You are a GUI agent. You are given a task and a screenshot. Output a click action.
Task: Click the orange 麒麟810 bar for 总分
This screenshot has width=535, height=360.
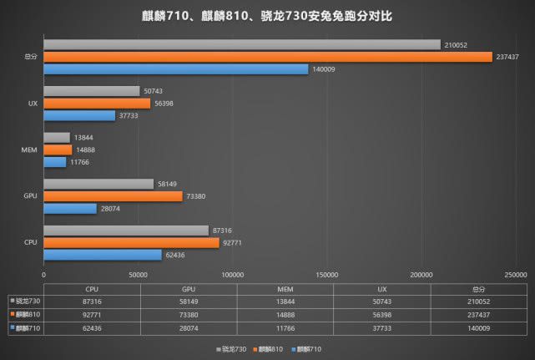tap(267, 57)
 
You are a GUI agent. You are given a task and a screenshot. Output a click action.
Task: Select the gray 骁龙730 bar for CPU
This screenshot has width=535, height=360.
tap(126, 231)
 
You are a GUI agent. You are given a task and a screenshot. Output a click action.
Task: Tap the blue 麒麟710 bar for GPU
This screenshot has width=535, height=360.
tap(70, 209)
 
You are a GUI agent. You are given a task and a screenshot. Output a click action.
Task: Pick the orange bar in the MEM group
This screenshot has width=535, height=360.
tap(58, 150)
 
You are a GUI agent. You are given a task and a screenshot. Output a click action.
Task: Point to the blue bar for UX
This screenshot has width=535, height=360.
tap(79, 116)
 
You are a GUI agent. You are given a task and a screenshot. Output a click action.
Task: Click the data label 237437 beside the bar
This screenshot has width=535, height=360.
tap(507, 57)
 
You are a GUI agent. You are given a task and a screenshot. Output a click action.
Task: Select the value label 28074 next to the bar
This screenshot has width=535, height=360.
tap(112, 209)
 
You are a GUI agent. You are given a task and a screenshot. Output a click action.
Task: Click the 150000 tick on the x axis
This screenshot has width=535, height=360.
tap(327, 274)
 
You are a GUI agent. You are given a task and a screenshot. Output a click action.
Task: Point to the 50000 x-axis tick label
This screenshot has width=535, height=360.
tap(139, 274)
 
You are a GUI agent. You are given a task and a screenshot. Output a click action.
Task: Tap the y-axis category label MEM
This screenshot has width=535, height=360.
tap(28, 150)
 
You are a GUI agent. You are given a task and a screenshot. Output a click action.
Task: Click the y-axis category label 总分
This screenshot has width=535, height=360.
tap(30, 57)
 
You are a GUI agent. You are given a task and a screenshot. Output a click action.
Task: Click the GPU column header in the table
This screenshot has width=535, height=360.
tap(189, 289)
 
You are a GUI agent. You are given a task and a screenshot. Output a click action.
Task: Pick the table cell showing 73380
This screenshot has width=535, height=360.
tap(189, 315)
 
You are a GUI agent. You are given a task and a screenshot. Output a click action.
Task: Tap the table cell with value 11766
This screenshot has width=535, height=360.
tap(285, 329)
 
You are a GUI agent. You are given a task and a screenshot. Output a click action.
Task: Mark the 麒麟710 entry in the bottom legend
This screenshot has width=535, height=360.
tap(309, 348)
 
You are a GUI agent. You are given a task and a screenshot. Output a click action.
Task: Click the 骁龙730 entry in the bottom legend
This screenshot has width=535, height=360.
tap(231, 348)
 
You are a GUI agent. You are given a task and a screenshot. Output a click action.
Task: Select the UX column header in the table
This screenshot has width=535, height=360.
tap(381, 289)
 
